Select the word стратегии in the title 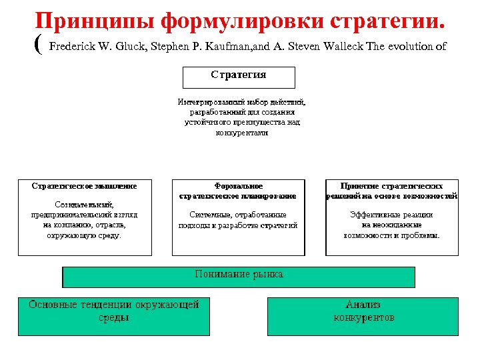pyautogui.click(x=384, y=21)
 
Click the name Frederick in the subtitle pyautogui.click(x=75, y=46)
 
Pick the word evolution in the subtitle pyautogui.click(x=408, y=46)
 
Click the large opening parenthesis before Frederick pyautogui.click(x=37, y=45)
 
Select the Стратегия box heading pyautogui.click(x=239, y=75)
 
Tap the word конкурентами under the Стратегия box pyautogui.click(x=241, y=133)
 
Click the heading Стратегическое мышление pyautogui.click(x=84, y=186)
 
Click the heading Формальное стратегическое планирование pyautogui.click(x=238, y=191)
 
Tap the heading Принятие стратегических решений pyautogui.click(x=392, y=191)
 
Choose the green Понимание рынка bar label pyautogui.click(x=239, y=274)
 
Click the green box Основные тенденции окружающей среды pyautogui.click(x=113, y=311)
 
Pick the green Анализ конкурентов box pyautogui.click(x=363, y=311)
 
